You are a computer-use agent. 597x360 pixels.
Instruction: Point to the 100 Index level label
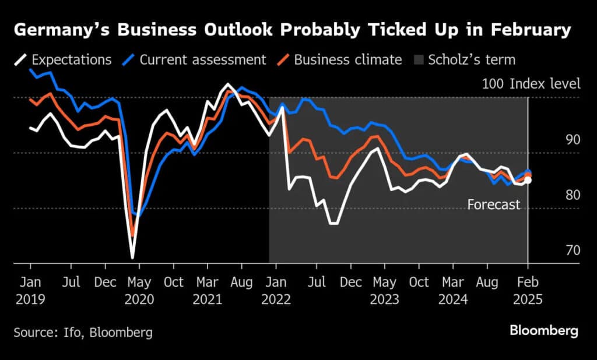pyautogui.click(x=531, y=84)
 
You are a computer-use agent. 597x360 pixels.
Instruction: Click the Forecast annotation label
pyautogui.click(x=493, y=204)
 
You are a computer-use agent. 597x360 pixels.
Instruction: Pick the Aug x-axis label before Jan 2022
pyautogui.click(x=242, y=283)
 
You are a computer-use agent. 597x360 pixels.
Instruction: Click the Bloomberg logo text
pyautogui.click(x=544, y=331)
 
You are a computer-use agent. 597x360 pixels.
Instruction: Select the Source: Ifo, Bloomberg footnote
pyautogui.click(x=83, y=333)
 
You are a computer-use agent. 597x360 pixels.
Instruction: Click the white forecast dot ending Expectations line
pyautogui.click(x=528, y=181)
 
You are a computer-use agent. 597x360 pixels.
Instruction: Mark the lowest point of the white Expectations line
pyautogui.click(x=132, y=257)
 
